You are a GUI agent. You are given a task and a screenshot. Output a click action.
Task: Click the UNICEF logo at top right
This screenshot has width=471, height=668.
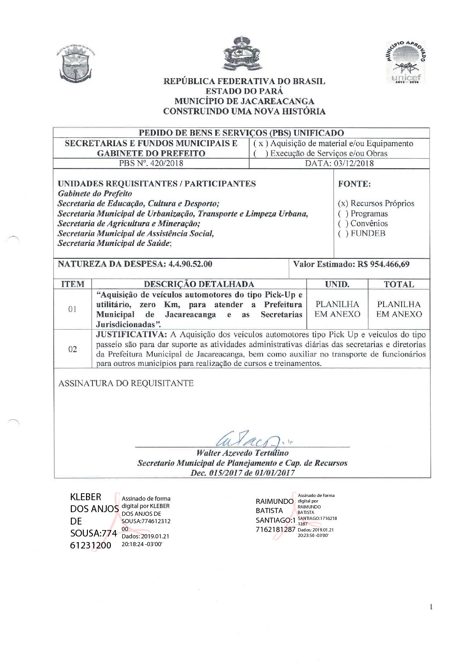pos(406,63)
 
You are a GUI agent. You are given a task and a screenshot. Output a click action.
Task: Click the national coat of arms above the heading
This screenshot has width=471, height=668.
pos(242,55)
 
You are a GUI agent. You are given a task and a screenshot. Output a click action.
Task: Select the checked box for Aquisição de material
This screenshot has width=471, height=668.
pos(260,143)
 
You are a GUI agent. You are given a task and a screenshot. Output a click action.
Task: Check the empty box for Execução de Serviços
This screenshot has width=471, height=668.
pos(260,154)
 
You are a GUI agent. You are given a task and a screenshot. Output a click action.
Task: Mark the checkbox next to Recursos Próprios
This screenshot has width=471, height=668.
pos(343,204)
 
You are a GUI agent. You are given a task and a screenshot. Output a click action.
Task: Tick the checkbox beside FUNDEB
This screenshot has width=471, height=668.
pos(343,234)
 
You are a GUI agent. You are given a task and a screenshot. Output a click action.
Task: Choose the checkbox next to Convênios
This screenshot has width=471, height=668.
pos(343,224)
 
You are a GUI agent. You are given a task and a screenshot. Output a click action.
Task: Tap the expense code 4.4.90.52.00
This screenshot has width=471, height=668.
pos(190,264)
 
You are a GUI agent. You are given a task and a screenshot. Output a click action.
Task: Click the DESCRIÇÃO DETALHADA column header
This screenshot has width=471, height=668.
pos(199,284)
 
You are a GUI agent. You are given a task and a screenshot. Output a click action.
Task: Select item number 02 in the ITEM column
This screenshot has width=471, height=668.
pos(73,349)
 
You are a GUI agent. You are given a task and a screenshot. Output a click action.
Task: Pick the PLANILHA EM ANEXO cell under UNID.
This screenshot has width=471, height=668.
pos(337,309)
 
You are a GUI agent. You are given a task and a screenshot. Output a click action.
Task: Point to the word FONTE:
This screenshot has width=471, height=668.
pos(354,184)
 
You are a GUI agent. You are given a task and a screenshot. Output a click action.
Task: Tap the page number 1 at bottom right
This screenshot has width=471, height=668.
pos(431,607)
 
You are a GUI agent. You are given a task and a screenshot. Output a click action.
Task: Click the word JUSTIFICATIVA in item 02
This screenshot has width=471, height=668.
pos(131,335)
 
